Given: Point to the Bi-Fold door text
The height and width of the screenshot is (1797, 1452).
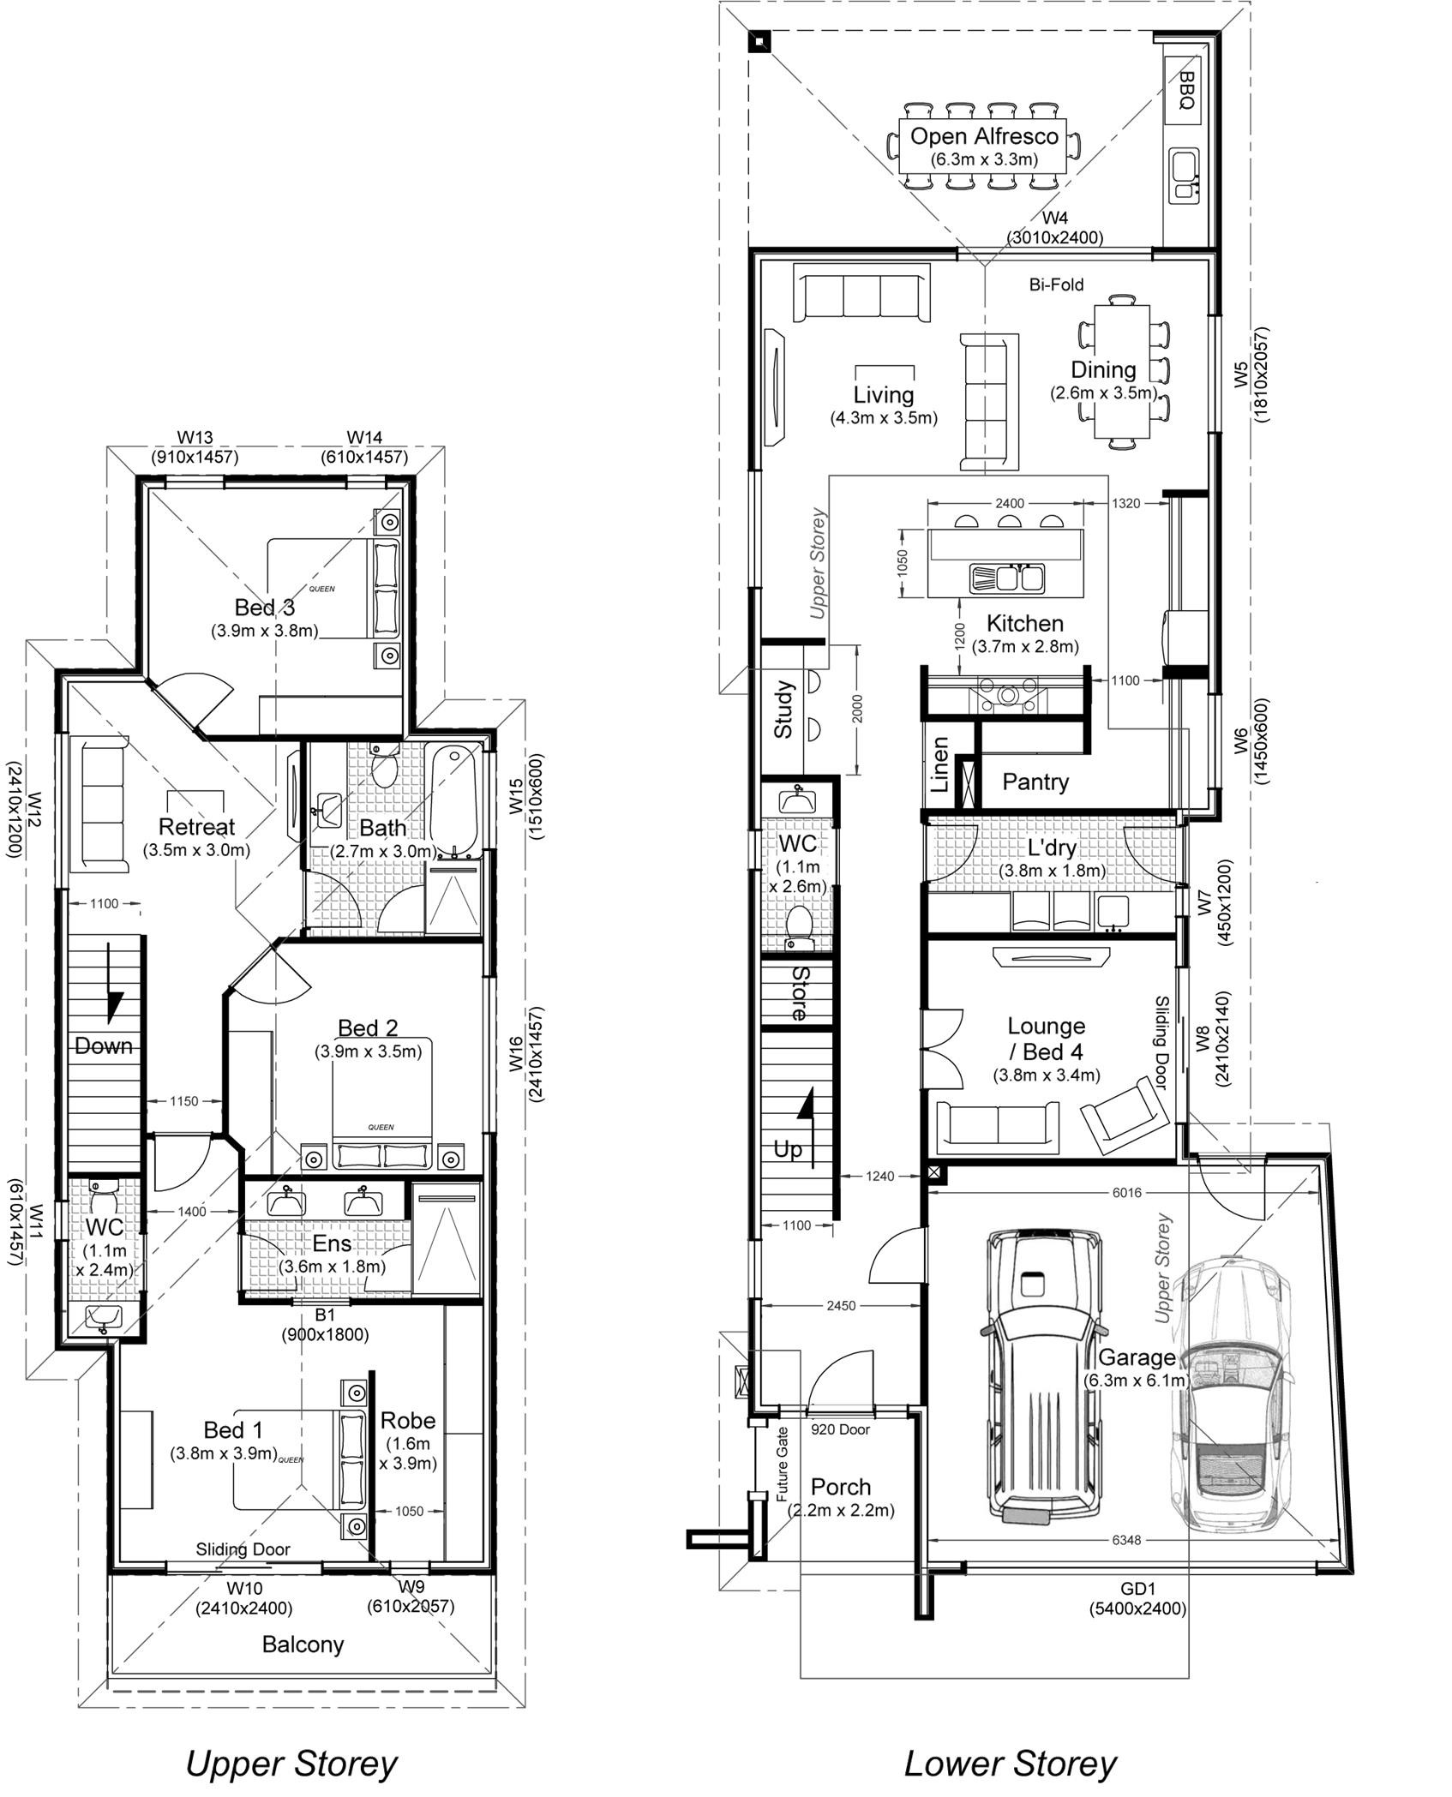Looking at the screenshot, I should point(1056,285).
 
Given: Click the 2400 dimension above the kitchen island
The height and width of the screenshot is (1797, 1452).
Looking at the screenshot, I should point(1009,504).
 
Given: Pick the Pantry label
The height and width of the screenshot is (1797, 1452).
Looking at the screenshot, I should point(1035,782).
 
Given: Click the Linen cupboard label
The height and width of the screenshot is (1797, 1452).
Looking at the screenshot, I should point(940,764).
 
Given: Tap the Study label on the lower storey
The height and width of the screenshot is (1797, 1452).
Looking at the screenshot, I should point(783,710).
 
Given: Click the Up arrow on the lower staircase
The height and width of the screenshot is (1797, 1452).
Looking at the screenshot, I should point(806,1108).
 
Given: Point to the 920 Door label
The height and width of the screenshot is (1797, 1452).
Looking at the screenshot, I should point(840,1429).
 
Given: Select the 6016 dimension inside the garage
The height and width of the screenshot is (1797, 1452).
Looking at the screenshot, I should point(1126,1192).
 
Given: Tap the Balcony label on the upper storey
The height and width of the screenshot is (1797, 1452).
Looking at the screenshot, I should point(303,1644).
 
